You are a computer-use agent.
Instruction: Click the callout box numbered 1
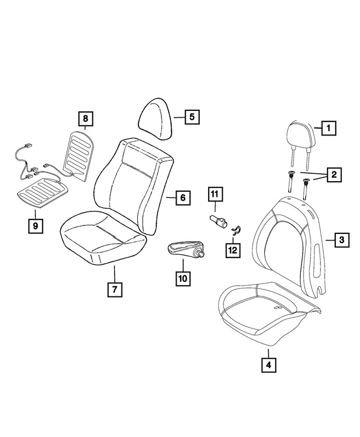click(328, 128)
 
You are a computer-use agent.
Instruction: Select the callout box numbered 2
click(334, 175)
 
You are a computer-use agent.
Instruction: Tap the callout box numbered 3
click(341, 240)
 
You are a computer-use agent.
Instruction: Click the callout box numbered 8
click(85, 119)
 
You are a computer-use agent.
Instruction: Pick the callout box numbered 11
click(214, 195)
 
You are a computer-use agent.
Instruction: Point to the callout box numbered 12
click(232, 249)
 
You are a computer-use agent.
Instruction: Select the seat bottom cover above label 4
click(267, 312)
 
